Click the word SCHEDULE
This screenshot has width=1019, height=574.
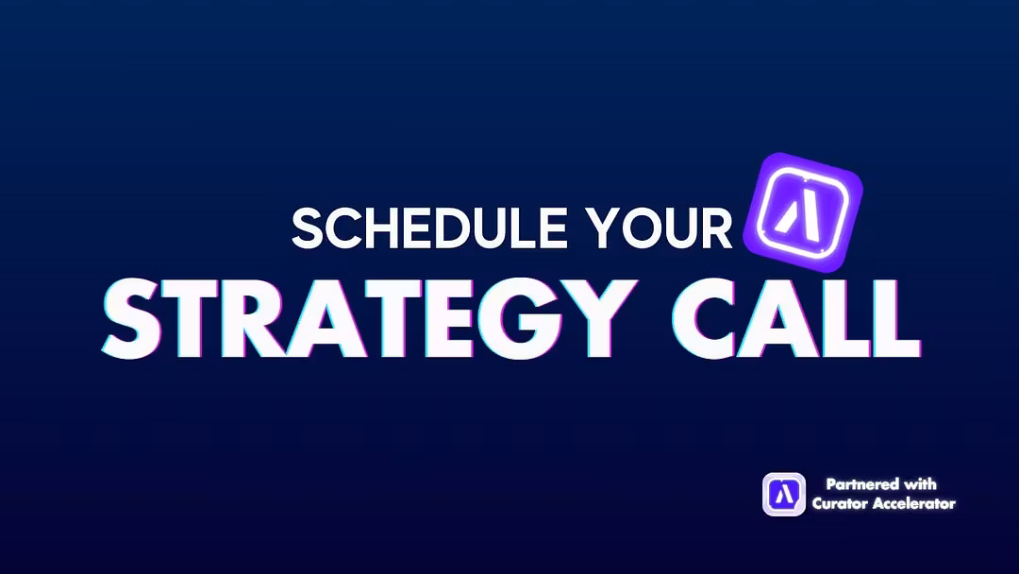click(x=429, y=228)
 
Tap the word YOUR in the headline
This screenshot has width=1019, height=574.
click(x=659, y=228)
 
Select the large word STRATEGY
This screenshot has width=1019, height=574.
click(x=369, y=318)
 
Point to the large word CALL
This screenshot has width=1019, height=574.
click(x=796, y=318)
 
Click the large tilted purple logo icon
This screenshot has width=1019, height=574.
click(x=803, y=211)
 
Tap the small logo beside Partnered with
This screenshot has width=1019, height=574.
click(x=784, y=495)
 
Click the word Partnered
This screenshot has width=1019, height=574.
click(x=862, y=484)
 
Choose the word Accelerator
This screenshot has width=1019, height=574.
click(x=913, y=504)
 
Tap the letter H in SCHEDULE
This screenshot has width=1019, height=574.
click(x=385, y=228)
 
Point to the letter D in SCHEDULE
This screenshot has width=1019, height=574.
click(x=454, y=228)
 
